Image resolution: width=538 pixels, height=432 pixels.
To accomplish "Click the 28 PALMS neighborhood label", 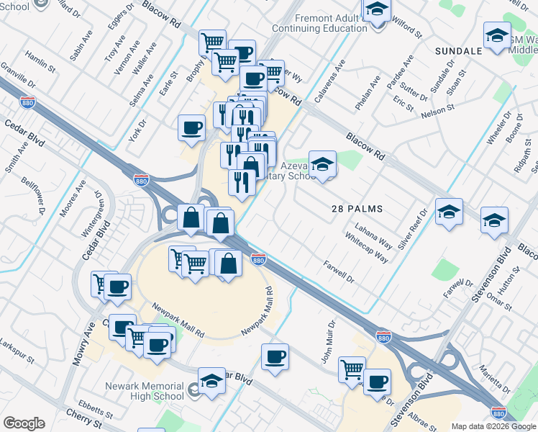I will tap(357, 209).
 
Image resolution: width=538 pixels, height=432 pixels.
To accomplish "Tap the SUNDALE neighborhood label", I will tap(458, 51).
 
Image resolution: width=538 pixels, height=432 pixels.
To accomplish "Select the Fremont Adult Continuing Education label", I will tap(320, 23).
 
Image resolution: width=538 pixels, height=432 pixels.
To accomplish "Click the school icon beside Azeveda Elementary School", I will tap(323, 165).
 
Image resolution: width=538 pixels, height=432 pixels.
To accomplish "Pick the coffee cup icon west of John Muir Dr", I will tap(274, 356).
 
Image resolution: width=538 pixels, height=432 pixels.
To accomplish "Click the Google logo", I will tap(24, 423).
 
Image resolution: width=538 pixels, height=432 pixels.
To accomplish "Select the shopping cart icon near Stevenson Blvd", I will tap(352, 369).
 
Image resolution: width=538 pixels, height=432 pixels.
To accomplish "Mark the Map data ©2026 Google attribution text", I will tap(494, 426).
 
